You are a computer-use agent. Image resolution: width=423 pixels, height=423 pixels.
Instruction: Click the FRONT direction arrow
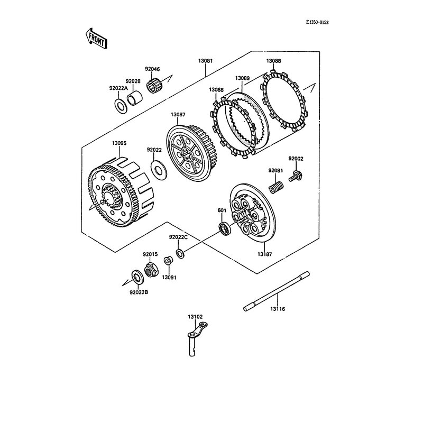(96, 39)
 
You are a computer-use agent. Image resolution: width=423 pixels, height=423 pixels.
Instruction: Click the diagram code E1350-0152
(317, 23)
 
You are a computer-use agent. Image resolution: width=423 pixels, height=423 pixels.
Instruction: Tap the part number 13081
(206, 61)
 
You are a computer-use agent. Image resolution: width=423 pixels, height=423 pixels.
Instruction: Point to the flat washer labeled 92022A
(120, 106)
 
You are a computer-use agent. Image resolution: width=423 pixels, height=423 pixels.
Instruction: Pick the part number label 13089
(242, 78)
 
